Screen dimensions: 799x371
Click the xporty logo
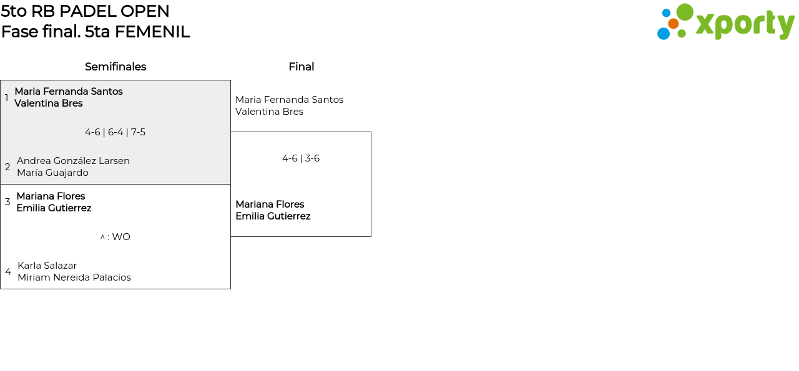pos(725,22)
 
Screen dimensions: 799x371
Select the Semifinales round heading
pos(115,67)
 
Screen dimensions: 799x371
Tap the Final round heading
pos(301,67)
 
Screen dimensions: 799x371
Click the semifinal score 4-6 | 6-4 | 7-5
pos(115,132)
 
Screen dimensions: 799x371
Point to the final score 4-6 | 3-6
pos(301,158)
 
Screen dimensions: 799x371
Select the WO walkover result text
pos(115,237)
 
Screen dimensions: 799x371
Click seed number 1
pos(6,97)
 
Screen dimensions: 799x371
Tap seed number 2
pos(7,166)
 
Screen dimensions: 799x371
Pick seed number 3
pos(7,202)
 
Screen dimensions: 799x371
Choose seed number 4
pos(8,272)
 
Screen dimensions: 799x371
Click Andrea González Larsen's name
pos(73,161)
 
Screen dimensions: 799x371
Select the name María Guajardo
pos(53,173)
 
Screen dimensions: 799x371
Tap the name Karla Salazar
pos(47,266)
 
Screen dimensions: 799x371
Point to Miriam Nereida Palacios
pos(74,277)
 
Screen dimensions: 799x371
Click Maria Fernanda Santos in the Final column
pos(289,100)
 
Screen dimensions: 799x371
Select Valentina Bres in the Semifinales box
pos(49,104)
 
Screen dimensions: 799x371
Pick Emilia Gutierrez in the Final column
pos(273,216)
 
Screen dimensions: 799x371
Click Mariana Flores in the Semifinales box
pos(51,196)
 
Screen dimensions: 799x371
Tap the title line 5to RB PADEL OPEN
pos(85,11)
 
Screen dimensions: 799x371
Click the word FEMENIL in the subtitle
pos(152,32)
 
